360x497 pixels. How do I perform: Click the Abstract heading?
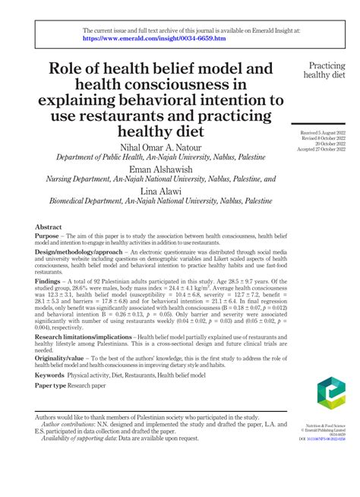49,227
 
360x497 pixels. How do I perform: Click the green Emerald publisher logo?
332,398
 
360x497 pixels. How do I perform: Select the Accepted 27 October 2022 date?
326,150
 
